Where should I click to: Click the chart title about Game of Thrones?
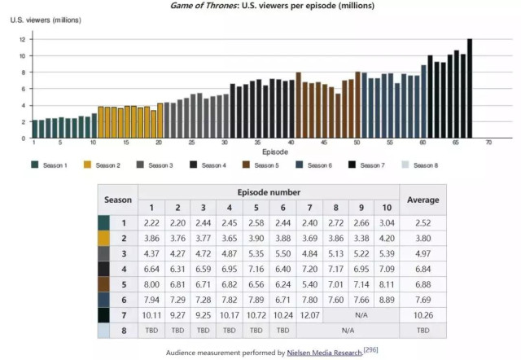(x=260, y=6)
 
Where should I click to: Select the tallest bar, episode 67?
(x=470, y=89)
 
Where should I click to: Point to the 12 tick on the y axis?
(x=24, y=39)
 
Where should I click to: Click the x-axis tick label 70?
(x=489, y=143)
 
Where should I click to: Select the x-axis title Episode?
(x=260, y=152)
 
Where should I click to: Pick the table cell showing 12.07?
(x=309, y=315)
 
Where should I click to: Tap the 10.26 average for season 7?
(x=422, y=315)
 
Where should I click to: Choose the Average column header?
(x=422, y=200)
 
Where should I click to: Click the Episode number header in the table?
(x=268, y=192)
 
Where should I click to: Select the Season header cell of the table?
(x=117, y=200)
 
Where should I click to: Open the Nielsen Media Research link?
(x=324, y=353)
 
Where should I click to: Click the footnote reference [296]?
(x=370, y=350)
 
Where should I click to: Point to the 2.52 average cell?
(x=422, y=222)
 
